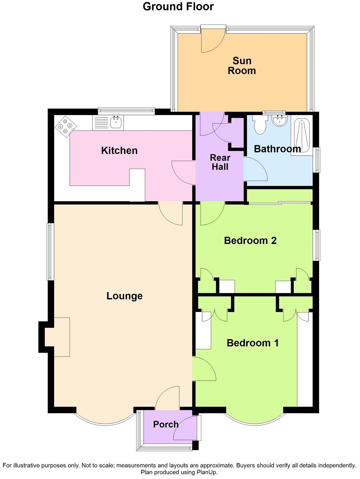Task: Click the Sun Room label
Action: (242, 66)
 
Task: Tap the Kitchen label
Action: (119, 150)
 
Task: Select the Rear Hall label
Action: (220, 162)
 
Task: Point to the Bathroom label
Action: (277, 149)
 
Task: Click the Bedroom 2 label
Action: (250, 241)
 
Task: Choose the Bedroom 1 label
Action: (252, 343)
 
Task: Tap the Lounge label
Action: (124, 296)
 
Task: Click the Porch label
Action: (166, 424)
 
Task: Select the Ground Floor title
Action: (178, 6)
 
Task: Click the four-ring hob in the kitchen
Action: (66, 126)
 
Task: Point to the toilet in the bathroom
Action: (259, 125)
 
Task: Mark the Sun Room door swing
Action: (211, 41)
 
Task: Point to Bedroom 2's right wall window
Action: (317, 245)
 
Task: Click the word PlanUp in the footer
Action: (207, 472)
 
